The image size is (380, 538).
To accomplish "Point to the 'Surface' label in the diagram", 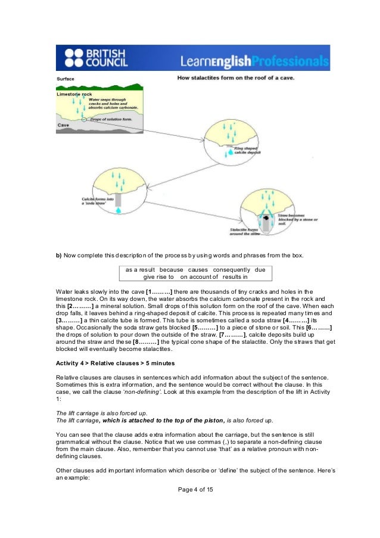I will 66,79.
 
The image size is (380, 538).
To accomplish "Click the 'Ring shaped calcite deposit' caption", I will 246,149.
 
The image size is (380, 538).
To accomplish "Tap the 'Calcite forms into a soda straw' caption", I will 97,200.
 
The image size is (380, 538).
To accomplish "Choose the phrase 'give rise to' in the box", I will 158,277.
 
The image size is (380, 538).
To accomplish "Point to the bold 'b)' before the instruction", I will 59,256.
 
